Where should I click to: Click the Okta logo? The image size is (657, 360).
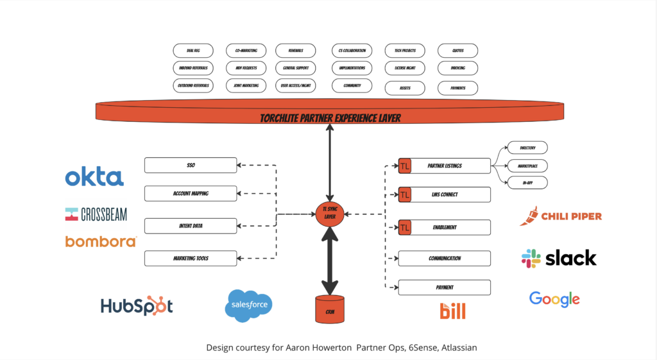(x=94, y=176)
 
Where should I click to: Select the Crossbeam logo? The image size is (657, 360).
(x=96, y=214)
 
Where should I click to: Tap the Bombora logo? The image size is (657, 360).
(x=101, y=241)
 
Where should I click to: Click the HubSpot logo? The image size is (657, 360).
(x=137, y=306)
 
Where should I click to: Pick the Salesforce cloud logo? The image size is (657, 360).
(x=249, y=305)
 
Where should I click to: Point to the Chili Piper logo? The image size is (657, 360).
(x=561, y=216)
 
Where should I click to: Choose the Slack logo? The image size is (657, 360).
(x=559, y=259)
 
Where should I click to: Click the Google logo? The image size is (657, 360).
(x=554, y=299)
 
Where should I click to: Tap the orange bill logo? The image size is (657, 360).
(x=452, y=311)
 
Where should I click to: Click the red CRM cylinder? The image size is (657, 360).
(x=330, y=309)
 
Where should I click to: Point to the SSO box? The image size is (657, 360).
(x=191, y=166)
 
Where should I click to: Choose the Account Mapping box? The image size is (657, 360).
(x=191, y=193)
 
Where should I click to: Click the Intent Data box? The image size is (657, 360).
(x=191, y=226)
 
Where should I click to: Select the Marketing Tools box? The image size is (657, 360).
(x=191, y=259)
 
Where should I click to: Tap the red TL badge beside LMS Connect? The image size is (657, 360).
(x=405, y=194)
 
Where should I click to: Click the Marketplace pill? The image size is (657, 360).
(x=527, y=166)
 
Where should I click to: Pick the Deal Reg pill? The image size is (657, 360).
(x=193, y=50)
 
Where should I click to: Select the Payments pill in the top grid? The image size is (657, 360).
(x=458, y=88)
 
